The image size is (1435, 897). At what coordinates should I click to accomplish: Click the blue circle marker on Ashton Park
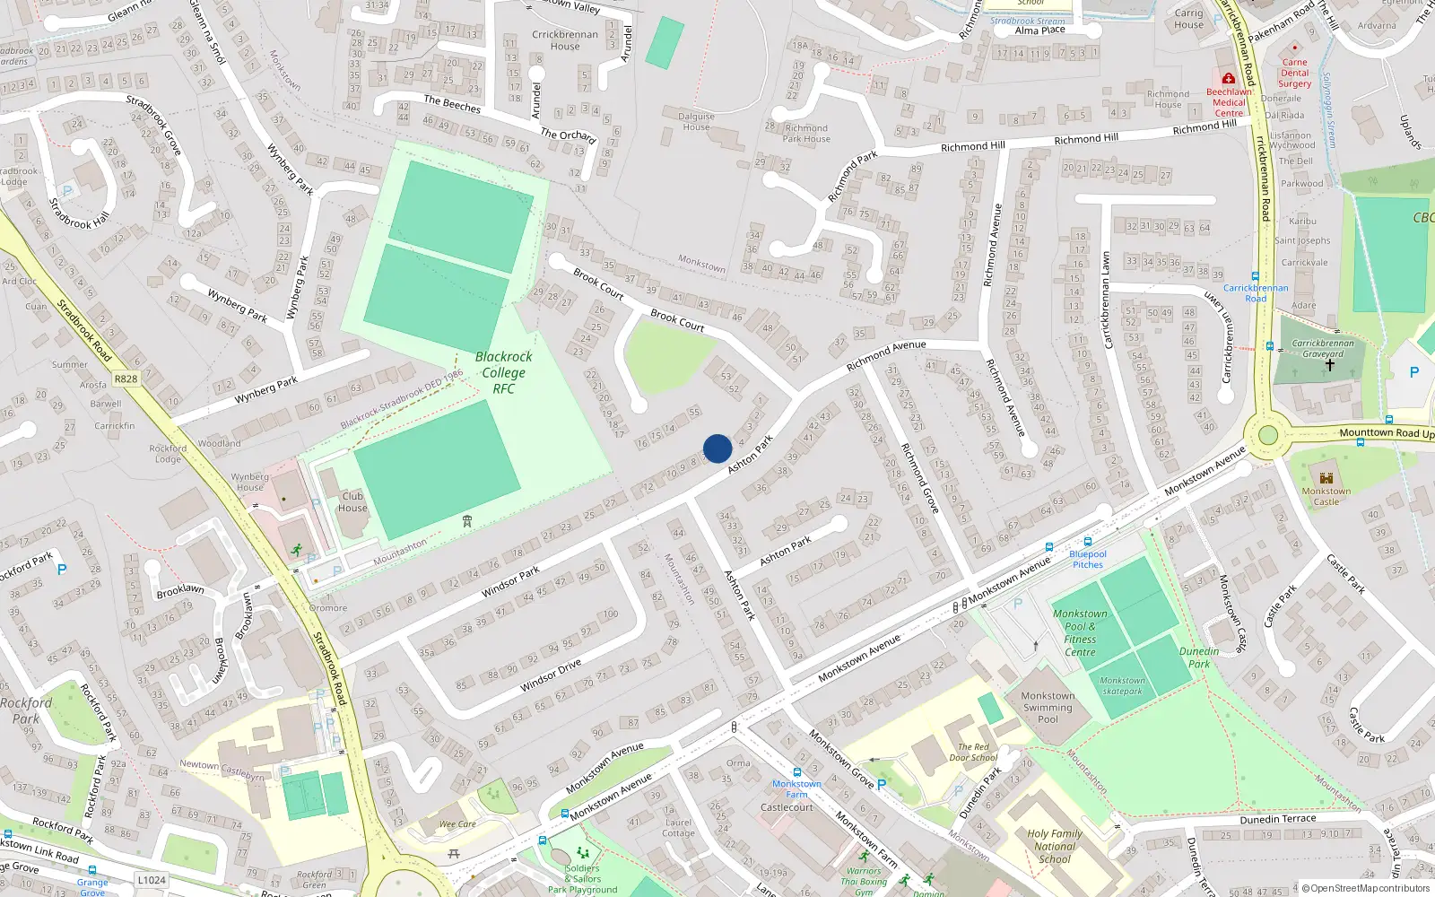(x=717, y=448)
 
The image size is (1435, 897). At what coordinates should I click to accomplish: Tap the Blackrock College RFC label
(x=503, y=372)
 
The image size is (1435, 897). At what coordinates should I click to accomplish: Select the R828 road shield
(x=126, y=379)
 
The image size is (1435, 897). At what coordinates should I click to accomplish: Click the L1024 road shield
(x=152, y=880)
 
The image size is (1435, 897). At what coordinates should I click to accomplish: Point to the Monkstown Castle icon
(x=1326, y=478)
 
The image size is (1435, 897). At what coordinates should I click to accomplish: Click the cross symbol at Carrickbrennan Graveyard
(x=1329, y=364)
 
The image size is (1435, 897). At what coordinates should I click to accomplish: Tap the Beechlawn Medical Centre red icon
(x=1229, y=79)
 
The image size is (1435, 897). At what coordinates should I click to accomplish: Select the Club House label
(x=352, y=502)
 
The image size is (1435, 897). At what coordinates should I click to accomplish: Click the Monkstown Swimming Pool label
(x=1048, y=707)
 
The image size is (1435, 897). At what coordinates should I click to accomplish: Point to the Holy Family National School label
(x=1055, y=846)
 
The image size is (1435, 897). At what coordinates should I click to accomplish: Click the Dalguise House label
(x=696, y=121)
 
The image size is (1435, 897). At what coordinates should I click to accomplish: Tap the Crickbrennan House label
(x=565, y=40)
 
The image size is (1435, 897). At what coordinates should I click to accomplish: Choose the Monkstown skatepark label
(x=1122, y=686)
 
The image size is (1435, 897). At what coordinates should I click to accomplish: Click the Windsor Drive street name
(x=551, y=675)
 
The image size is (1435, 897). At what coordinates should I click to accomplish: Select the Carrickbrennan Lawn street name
(x=1106, y=300)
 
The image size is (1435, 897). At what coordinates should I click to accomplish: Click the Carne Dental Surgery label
(x=1294, y=74)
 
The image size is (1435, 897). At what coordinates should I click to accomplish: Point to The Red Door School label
(x=973, y=752)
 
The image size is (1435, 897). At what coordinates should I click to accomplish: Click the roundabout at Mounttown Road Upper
(x=1267, y=436)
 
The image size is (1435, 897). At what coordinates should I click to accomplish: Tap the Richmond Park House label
(x=806, y=134)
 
